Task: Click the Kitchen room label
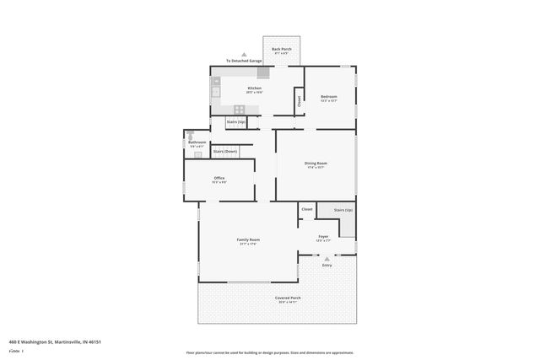pos(254,88)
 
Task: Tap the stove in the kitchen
pos(239,109)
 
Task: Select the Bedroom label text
pos(329,97)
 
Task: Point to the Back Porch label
pos(281,50)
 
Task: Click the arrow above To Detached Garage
pos(245,54)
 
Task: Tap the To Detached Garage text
pos(244,61)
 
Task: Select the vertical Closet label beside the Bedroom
pos(299,101)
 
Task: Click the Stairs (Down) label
pos(224,151)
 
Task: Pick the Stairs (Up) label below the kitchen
pos(236,122)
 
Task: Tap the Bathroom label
pos(197,142)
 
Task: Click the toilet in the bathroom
pos(192,133)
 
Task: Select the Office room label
pos(219,178)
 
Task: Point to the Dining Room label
pos(316,163)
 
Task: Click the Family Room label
pos(248,240)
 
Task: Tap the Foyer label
pos(323,237)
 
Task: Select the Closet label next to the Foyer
pos(307,208)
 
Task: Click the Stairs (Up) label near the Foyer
pos(343,209)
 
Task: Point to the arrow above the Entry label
pos(327,259)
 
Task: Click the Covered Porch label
pos(289,298)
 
